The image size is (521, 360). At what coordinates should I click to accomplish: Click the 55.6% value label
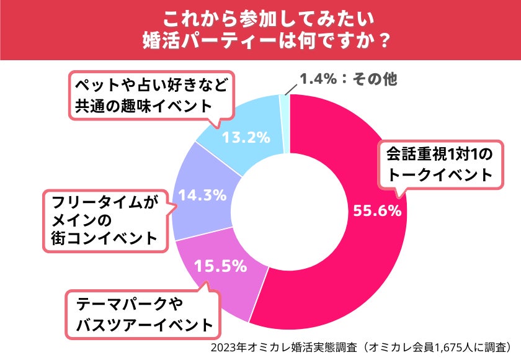pos(377,211)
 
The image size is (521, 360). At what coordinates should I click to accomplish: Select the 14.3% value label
pos(202,195)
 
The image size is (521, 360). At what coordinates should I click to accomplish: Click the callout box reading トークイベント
pos(438,163)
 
